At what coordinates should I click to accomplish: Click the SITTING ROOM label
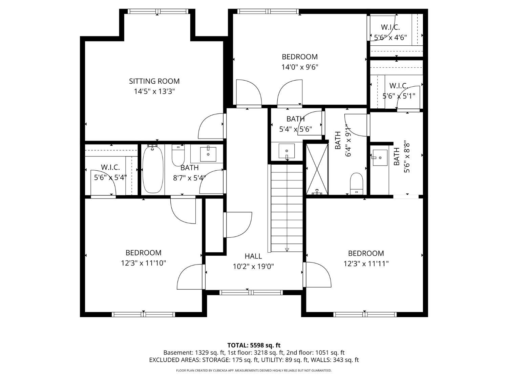point(154,81)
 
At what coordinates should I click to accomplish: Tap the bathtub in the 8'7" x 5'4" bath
point(153,169)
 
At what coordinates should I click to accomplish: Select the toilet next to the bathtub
point(178,155)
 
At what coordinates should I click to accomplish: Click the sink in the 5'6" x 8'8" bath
point(380,158)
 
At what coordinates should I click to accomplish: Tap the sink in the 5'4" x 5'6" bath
point(287,151)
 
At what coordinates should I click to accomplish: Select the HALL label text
point(253,256)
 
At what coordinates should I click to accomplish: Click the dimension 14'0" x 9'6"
point(300,67)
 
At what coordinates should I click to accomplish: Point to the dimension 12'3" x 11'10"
point(144,263)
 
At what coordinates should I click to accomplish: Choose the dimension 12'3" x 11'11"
point(366,263)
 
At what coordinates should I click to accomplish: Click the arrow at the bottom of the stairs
point(287,250)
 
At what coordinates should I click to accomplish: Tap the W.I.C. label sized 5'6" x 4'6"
point(390,27)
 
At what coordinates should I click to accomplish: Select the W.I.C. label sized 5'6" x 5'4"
point(110,167)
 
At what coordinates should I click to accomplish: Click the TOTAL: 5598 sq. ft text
point(254,345)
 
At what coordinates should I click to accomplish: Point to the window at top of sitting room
point(158,12)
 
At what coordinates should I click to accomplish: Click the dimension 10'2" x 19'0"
point(253,267)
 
